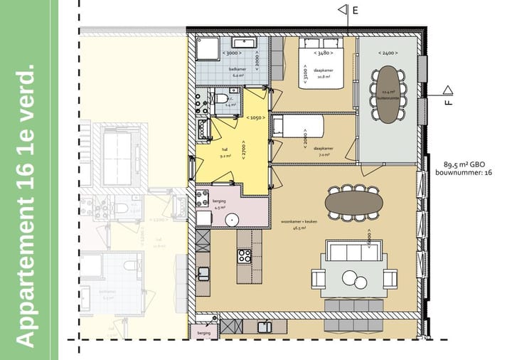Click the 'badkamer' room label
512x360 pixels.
(x=237, y=69)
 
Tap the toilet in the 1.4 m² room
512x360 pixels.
(x=221, y=98)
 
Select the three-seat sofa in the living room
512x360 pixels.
(x=353, y=253)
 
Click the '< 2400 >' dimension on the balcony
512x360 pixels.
(x=387, y=53)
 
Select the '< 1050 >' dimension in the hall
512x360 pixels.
(x=256, y=117)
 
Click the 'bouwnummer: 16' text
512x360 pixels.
(x=466, y=173)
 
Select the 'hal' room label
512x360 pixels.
(x=225, y=149)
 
